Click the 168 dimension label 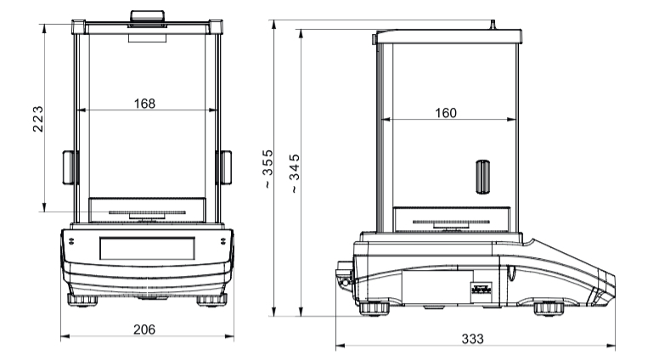pyautogui.click(x=144, y=104)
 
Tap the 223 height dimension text pyautogui.click(x=38, y=119)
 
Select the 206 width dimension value pyautogui.click(x=144, y=329)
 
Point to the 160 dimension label pyautogui.click(x=446, y=113)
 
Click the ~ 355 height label pyautogui.click(x=268, y=169)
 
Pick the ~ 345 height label pyautogui.click(x=295, y=173)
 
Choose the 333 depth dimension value pyautogui.click(x=473, y=339)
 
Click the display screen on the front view pyautogui.click(x=147, y=248)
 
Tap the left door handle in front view pyautogui.click(x=70, y=167)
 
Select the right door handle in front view pyautogui.click(x=225, y=167)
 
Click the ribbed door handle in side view pyautogui.click(x=483, y=177)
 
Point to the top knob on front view pyautogui.click(x=147, y=16)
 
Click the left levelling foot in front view pyautogui.click(x=82, y=301)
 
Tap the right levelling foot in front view pyautogui.click(x=212, y=301)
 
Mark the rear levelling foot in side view pyautogui.click(x=374, y=308)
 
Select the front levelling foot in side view pyautogui.click(x=549, y=309)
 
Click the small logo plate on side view pyautogui.click(x=482, y=289)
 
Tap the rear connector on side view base pyautogui.click(x=344, y=275)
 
